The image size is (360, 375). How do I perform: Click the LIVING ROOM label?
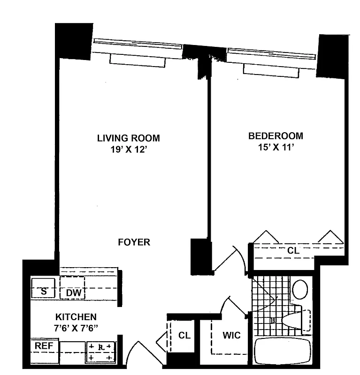pyautogui.click(x=128, y=138)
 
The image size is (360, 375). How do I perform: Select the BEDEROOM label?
pyautogui.click(x=276, y=136)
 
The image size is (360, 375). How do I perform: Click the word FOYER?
pyautogui.click(x=134, y=242)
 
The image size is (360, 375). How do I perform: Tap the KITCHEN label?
pyautogui.click(x=76, y=317)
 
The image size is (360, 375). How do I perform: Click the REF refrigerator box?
pyautogui.click(x=44, y=346)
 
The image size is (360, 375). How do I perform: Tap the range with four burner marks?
pyautogui.click(x=100, y=352)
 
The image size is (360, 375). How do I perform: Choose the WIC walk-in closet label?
pyautogui.click(x=231, y=336)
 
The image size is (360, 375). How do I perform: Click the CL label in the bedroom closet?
pyautogui.click(x=293, y=251)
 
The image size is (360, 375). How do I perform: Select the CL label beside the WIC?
pyautogui.click(x=184, y=336)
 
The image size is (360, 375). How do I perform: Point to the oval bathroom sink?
pyautogui.click(x=300, y=289)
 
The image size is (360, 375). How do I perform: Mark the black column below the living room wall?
pyautogui.click(x=199, y=256)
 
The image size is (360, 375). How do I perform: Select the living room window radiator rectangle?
pyautogui.click(x=138, y=60)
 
